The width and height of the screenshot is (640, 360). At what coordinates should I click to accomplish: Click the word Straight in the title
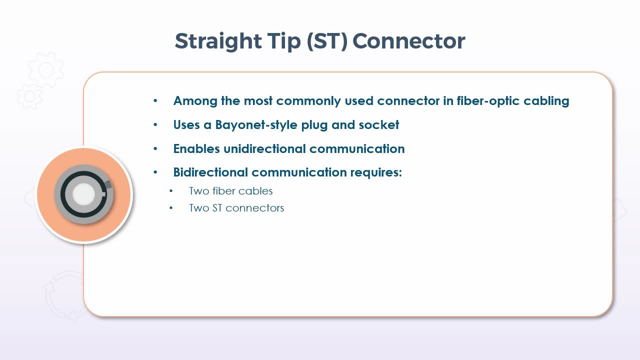tap(218, 42)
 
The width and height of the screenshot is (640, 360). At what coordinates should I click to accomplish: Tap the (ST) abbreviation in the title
tap(327, 41)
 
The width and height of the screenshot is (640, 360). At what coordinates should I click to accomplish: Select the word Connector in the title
tap(409, 41)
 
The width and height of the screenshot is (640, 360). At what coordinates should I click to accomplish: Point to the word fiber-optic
tap(488, 101)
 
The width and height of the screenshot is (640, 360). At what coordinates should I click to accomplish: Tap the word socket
tap(379, 125)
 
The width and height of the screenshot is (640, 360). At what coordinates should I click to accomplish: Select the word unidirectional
tap(264, 148)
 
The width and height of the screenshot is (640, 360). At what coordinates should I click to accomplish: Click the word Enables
tap(196, 148)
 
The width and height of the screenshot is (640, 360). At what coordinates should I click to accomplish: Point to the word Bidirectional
tap(210, 172)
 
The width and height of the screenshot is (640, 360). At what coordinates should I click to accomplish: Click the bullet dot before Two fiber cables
tap(171, 191)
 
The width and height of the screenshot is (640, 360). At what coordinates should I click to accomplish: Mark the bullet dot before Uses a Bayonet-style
tap(155, 124)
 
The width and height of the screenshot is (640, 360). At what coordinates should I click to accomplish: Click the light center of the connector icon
tap(83, 194)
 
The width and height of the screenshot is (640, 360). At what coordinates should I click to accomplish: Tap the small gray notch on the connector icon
tap(108, 184)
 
